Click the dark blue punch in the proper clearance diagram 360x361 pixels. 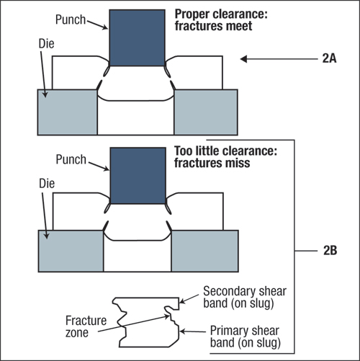[x=137, y=37]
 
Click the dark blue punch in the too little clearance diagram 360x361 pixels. [x=138, y=176]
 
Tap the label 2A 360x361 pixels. [x=329, y=58]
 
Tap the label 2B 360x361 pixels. [x=330, y=251]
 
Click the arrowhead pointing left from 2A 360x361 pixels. [x=243, y=59]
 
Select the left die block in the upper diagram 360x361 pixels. [x=68, y=112]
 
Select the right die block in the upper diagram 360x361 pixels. [x=206, y=112]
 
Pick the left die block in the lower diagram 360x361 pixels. [x=71, y=251]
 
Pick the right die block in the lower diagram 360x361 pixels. [x=205, y=251]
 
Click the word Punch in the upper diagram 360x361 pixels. [x=71, y=19]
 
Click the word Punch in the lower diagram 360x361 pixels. [x=71, y=159]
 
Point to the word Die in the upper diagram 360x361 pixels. [x=47, y=44]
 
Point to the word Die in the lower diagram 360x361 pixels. [x=47, y=184]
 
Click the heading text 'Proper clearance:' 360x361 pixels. [x=221, y=14]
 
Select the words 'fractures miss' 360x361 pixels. [x=212, y=163]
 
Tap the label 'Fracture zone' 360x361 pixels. [x=86, y=326]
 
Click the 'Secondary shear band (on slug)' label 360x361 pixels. [x=245, y=297]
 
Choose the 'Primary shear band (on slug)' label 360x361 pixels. [x=246, y=337]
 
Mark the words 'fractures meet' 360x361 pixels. [x=213, y=26]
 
